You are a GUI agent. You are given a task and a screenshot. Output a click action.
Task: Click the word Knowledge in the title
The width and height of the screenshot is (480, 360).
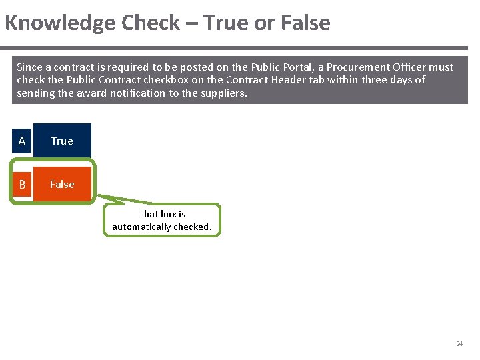(x=60, y=23)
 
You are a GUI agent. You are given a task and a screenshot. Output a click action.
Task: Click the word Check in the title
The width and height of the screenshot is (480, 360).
(x=151, y=23)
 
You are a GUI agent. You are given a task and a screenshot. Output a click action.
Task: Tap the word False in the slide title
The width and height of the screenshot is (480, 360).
(x=305, y=23)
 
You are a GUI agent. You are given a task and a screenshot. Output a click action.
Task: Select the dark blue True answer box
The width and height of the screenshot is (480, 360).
(x=62, y=141)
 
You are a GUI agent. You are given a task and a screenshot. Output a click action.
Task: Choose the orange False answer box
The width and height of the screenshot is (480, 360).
(x=62, y=184)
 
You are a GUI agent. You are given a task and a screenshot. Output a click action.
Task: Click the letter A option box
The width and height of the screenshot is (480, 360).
(x=22, y=141)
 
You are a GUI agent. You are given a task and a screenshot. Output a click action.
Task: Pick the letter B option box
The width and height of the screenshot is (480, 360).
(x=22, y=185)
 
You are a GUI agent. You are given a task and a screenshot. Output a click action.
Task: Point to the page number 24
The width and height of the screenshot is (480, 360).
(x=459, y=344)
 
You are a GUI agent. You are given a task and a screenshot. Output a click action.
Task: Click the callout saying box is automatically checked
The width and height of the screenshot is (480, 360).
(x=162, y=220)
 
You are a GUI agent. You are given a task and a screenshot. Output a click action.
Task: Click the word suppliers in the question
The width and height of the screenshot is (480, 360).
(x=223, y=93)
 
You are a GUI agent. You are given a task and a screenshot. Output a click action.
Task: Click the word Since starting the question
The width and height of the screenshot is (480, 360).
(x=29, y=67)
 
